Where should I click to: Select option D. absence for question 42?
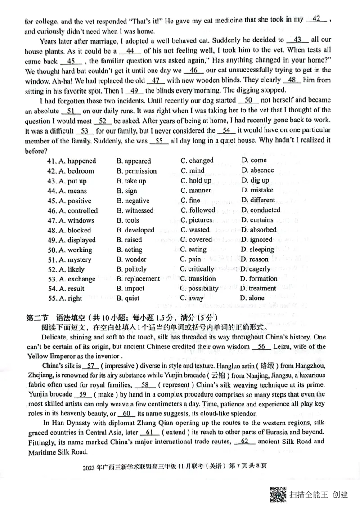tap(257, 170)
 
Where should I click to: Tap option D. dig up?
tap(255, 180)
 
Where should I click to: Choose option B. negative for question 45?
tap(133, 201)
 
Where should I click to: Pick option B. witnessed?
tap(135, 210)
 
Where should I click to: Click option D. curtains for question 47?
tap(257, 220)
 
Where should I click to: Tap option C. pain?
tap(191, 259)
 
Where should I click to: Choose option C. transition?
tap(198, 279)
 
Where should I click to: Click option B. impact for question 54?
tap(130, 289)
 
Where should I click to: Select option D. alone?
tap(252, 298)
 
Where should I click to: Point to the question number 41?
tap(51, 161)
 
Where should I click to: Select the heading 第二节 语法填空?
tap(54, 317)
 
